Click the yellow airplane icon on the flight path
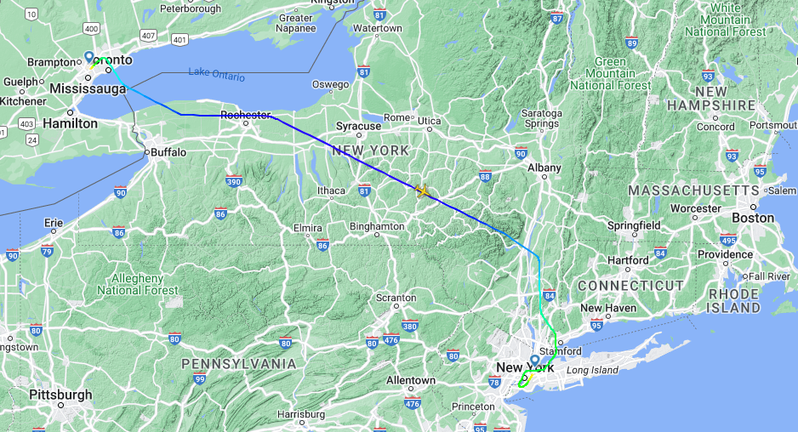click(422, 191)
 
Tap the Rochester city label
click(245, 115)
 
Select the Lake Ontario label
click(216, 75)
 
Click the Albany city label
click(544, 168)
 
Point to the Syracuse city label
click(358, 126)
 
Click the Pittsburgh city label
click(60, 395)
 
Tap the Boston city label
click(753, 218)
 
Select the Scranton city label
click(396, 298)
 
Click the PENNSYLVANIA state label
click(239, 364)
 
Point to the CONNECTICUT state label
click(630, 286)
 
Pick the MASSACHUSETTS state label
click(694, 190)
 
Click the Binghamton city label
click(377, 226)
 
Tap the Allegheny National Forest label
click(138, 284)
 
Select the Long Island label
click(591, 370)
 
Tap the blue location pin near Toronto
click(88, 58)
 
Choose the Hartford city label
click(629, 260)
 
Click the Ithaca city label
click(331, 190)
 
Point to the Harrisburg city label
click(301, 414)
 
